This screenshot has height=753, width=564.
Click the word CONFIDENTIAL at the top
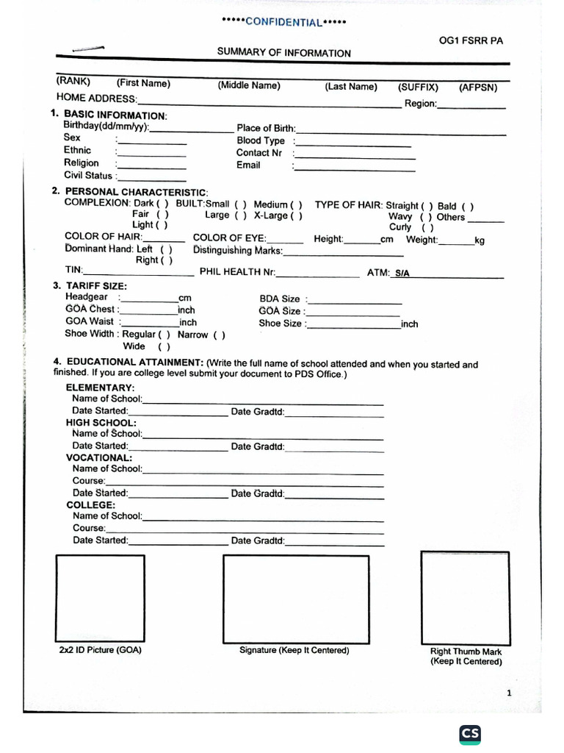pos(283,22)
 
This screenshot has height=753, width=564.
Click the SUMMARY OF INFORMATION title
pos(283,53)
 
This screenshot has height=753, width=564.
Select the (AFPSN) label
pos(478,88)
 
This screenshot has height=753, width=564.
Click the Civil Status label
pos(88,176)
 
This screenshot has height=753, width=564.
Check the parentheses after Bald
pos(467,207)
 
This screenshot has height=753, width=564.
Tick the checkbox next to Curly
pos(427,228)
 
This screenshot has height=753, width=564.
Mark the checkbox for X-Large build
pos(296,215)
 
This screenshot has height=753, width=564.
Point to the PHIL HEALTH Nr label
pos(237,272)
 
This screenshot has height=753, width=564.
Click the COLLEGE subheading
pos(91,505)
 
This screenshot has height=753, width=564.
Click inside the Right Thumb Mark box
pos(465,596)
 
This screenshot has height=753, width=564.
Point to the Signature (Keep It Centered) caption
pos(294,651)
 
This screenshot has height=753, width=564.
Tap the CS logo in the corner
pos(470,735)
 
